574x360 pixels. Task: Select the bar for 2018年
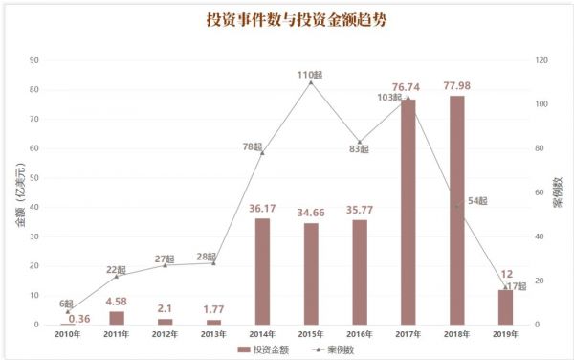[456, 210]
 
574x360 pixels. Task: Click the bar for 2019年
[505, 306]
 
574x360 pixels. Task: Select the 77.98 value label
[456, 84]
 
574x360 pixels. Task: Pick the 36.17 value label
[262, 208]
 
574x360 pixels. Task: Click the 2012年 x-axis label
[165, 334]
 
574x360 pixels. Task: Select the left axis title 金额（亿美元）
[18, 193]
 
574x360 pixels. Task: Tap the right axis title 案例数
[558, 192]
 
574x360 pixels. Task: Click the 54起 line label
[475, 201]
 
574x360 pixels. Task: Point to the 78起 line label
[250, 146]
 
